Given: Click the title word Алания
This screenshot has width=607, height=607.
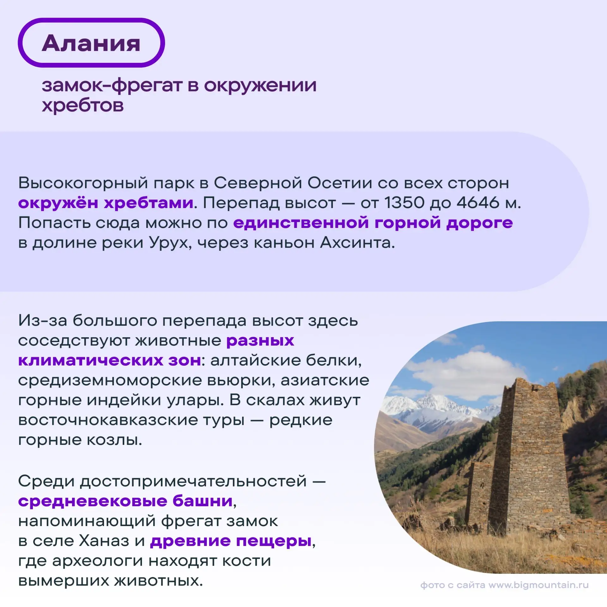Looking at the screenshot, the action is tap(91, 43).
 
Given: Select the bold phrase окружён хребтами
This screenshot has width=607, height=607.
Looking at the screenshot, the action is tap(106, 203).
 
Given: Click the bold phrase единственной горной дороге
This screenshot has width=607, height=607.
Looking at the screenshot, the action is tap(373, 223).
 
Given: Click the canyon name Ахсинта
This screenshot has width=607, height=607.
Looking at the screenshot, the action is tap(357, 243).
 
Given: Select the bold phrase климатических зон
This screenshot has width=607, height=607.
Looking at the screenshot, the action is tap(110, 360).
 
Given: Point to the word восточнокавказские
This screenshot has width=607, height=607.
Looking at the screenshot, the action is tap(131, 420).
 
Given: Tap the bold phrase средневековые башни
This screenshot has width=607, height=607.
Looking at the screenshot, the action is tap(126, 501).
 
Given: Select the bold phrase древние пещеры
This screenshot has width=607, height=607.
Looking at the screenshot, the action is tap(231, 541).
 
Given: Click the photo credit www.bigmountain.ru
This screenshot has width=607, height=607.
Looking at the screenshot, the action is tap(538, 585).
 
